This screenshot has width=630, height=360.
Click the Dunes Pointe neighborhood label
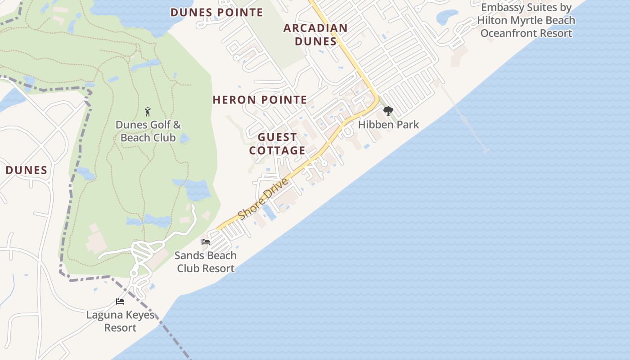point(216,12)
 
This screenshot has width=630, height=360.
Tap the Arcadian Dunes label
point(315,35)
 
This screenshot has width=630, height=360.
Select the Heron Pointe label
point(260,99)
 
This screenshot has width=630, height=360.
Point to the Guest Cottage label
point(277,144)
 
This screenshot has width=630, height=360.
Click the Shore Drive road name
point(263,199)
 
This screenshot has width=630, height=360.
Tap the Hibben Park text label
point(388,125)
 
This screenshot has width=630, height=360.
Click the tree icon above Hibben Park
point(388,111)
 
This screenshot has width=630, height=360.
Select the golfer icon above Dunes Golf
point(148,111)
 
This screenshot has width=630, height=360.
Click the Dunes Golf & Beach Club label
point(148,131)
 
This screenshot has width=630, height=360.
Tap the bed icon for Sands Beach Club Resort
point(206,242)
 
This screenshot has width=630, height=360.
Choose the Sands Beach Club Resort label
point(206,262)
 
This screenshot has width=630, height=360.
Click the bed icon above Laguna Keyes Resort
point(120,301)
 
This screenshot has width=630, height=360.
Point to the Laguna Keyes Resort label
point(120,321)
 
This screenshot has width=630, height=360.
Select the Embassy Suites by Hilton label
point(526,20)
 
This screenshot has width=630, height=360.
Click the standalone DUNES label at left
point(27,170)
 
